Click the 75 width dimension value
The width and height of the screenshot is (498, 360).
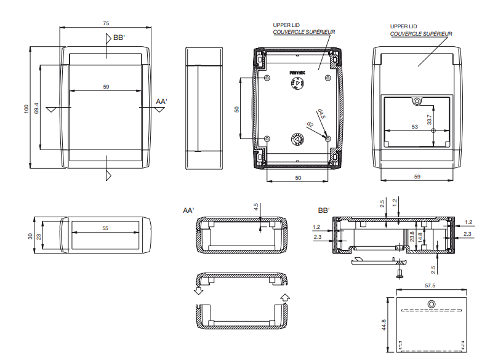coord(106,23)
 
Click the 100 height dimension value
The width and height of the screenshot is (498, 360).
coord(26,107)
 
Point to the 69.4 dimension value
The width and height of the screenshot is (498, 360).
coord(37,108)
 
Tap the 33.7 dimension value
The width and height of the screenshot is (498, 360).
coord(430,118)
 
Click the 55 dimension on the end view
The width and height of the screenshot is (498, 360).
coord(105,228)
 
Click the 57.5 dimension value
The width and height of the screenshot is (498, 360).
coord(430,286)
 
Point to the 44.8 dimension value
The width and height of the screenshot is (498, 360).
coord(383,324)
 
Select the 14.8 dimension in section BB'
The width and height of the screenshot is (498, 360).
coord(420,236)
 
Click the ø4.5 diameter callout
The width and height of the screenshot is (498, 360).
coord(321,114)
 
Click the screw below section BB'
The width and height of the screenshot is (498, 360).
coord(400,270)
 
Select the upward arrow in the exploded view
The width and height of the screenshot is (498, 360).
coord(284,298)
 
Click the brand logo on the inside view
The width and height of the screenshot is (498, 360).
coord(297,73)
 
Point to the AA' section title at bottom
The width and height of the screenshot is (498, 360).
coord(188,210)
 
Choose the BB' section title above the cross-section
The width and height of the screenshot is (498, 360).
coord(324,210)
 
